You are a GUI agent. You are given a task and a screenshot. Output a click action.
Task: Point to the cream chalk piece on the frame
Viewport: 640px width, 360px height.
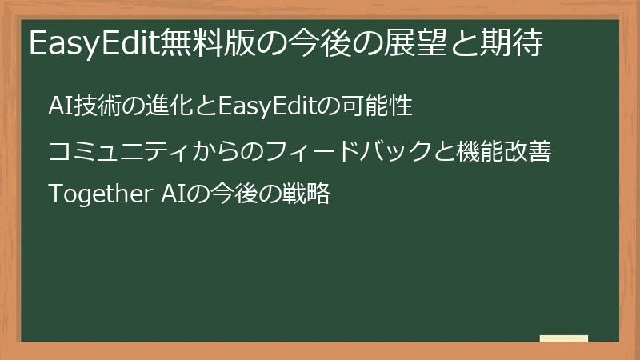(564, 338)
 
